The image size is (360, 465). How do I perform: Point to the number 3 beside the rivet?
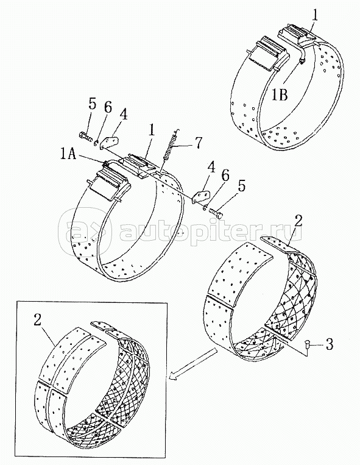coord(329,345)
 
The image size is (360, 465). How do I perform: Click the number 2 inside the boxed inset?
coord(37,320)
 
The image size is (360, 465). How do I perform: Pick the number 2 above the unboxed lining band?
coord(298,221)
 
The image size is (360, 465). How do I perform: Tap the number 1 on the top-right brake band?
coord(316,15)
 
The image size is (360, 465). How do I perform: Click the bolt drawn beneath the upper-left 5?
coord(85,137)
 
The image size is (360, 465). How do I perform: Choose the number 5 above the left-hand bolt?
coord(91,104)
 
